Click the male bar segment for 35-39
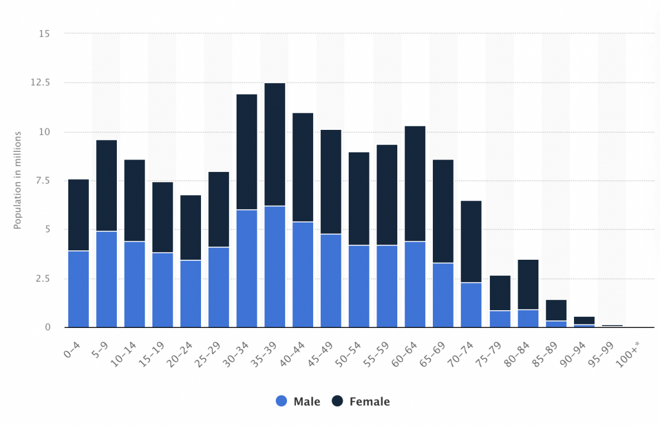coord(275,266)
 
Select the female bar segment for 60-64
coord(415,183)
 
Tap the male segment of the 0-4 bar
coord(78,289)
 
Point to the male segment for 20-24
coord(190,294)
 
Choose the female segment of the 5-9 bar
coord(107,185)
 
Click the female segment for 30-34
coord(247,152)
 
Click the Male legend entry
coord(299,401)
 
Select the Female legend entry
coord(361,401)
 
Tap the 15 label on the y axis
coord(44,34)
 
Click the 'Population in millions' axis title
coord(17,180)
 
